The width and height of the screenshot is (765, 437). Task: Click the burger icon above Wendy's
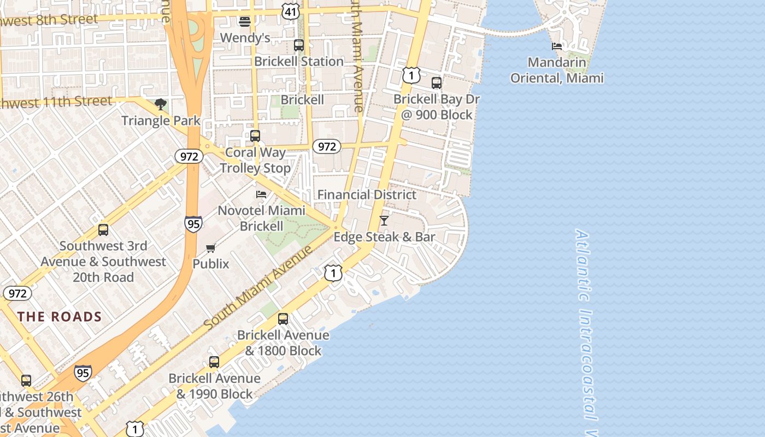point(245,21)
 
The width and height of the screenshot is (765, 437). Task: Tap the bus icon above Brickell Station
point(298,45)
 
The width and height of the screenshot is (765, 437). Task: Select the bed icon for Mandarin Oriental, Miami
point(557,46)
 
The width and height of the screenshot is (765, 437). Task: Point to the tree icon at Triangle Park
point(161,104)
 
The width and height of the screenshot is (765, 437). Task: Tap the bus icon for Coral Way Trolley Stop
point(255,136)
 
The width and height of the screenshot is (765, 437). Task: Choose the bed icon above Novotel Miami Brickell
point(261,194)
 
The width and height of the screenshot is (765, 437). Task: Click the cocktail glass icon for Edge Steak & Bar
point(384,221)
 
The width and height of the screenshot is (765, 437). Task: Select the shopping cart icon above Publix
point(211,248)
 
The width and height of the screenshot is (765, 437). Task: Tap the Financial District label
point(367,194)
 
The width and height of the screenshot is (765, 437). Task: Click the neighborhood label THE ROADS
point(60,317)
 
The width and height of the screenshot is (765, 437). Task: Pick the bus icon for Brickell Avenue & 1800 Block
point(283,318)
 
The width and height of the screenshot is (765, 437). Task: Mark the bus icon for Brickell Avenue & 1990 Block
point(214,362)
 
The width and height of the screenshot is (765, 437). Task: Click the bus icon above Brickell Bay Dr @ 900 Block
point(436,83)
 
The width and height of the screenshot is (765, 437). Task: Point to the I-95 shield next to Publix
point(193,223)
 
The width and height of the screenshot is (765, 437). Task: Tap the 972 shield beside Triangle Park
point(189,157)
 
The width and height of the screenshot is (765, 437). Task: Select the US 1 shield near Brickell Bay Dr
point(411,75)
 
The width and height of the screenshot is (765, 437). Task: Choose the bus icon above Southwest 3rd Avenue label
point(103,230)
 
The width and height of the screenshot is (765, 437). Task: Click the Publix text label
point(211,263)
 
